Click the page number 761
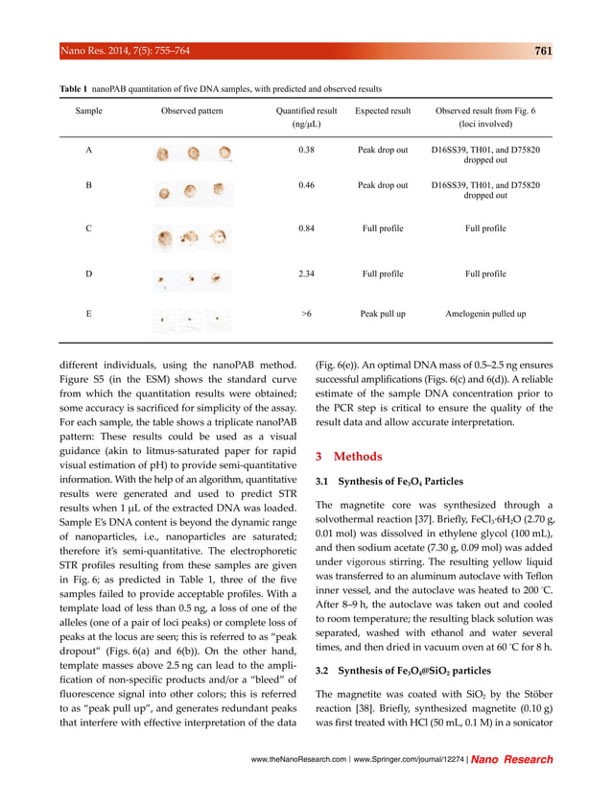pyautogui.click(x=542, y=52)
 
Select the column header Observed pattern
pyautogui.click(x=192, y=111)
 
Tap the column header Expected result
pyautogui.click(x=383, y=111)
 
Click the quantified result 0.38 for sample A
pyautogui.click(x=306, y=151)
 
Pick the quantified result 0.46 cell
pyautogui.click(x=306, y=184)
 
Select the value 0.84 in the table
pyautogui.click(x=306, y=229)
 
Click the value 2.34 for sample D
pyautogui.click(x=306, y=274)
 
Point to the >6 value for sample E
pyautogui.click(x=306, y=314)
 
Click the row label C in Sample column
pyautogui.click(x=89, y=229)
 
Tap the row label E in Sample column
pyautogui.click(x=89, y=314)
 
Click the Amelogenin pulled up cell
pyautogui.click(x=485, y=314)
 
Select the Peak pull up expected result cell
pyautogui.click(x=383, y=314)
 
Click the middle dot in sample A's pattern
pyautogui.click(x=194, y=154)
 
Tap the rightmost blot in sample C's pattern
pyautogui.click(x=219, y=235)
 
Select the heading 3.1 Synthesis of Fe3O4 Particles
pyautogui.click(x=389, y=481)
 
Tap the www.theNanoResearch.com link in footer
pyautogui.click(x=300, y=759)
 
